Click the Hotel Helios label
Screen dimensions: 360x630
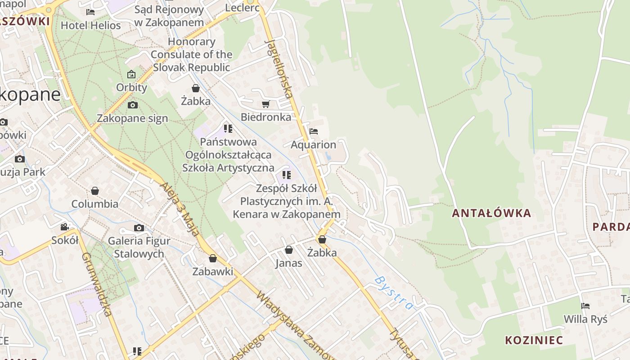[91, 26]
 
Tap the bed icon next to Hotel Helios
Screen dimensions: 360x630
[90, 12]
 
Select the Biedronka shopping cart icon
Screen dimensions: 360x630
[266, 104]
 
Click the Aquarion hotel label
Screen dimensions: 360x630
[313, 145]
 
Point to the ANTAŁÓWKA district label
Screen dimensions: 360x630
[491, 213]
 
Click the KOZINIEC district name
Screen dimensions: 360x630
[534, 340]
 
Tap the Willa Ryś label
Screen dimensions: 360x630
[585, 319]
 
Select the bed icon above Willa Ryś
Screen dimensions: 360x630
[585, 306]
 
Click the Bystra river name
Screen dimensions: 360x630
[393, 293]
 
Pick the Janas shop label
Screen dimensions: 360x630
[288, 263]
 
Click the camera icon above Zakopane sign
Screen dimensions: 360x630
[133, 105]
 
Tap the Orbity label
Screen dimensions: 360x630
[131, 87]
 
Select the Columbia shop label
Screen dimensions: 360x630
[95, 204]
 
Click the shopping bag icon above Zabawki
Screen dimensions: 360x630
[213, 259]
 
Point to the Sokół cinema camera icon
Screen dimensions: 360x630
[65, 227]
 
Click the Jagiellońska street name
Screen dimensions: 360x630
[280, 67]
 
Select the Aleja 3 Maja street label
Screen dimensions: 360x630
[179, 209]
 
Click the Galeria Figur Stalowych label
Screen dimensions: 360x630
[139, 247]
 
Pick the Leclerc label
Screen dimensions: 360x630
[242, 8]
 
